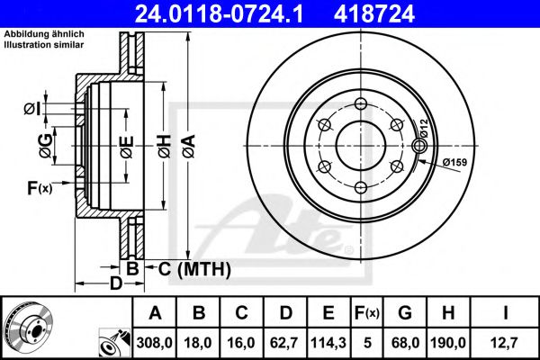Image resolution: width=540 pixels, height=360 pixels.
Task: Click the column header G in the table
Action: click(407, 312)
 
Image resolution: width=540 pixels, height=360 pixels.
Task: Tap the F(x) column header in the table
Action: click(369, 312)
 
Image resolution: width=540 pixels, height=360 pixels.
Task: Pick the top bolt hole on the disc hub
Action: click(361, 101)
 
